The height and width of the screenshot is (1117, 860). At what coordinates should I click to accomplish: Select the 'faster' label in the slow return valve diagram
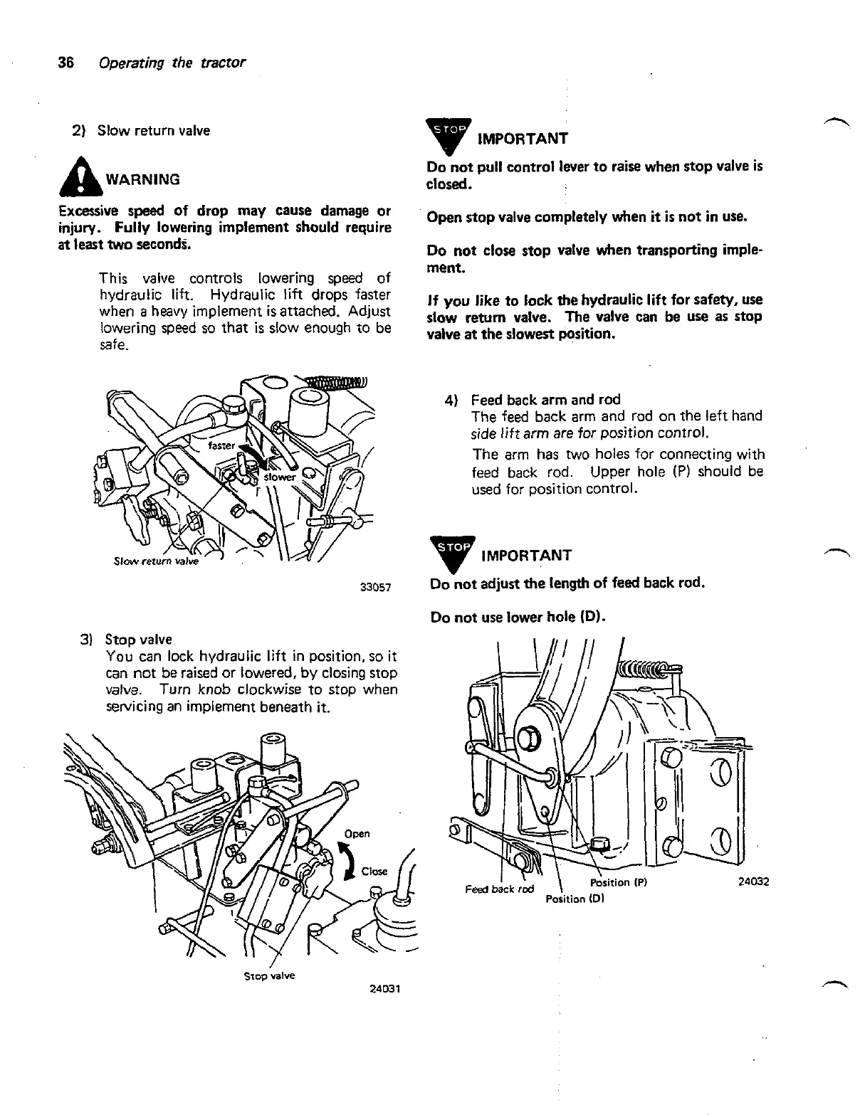[221, 445]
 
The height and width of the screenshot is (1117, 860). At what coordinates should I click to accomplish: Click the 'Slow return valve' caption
[156, 561]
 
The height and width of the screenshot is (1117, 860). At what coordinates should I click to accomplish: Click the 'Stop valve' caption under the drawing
[269, 975]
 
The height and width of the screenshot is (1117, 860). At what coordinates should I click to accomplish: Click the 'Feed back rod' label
[499, 889]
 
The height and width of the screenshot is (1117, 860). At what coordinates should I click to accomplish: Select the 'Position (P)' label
[618, 883]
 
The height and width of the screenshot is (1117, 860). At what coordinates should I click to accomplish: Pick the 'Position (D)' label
[575, 899]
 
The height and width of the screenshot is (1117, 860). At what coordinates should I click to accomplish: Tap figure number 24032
[754, 882]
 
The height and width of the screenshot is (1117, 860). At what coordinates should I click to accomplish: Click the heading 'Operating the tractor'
[172, 62]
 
